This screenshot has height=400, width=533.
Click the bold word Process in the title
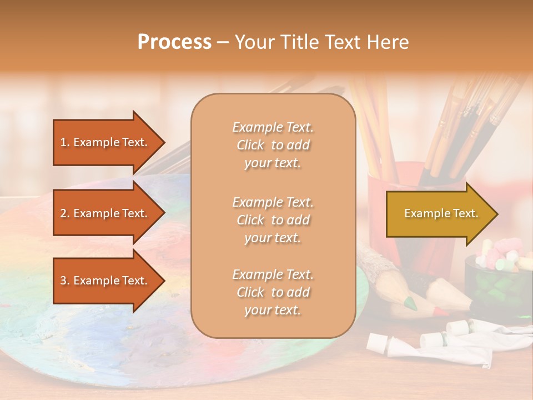(174, 42)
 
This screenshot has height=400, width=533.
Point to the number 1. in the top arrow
(65, 142)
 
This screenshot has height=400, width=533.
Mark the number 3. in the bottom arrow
(65, 281)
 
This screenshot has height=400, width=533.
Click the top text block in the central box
(273, 145)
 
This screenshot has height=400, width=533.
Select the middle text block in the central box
(273, 220)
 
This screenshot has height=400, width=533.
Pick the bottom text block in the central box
(273, 292)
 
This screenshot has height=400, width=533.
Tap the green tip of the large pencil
(410, 303)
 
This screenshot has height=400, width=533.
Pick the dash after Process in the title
(223, 42)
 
